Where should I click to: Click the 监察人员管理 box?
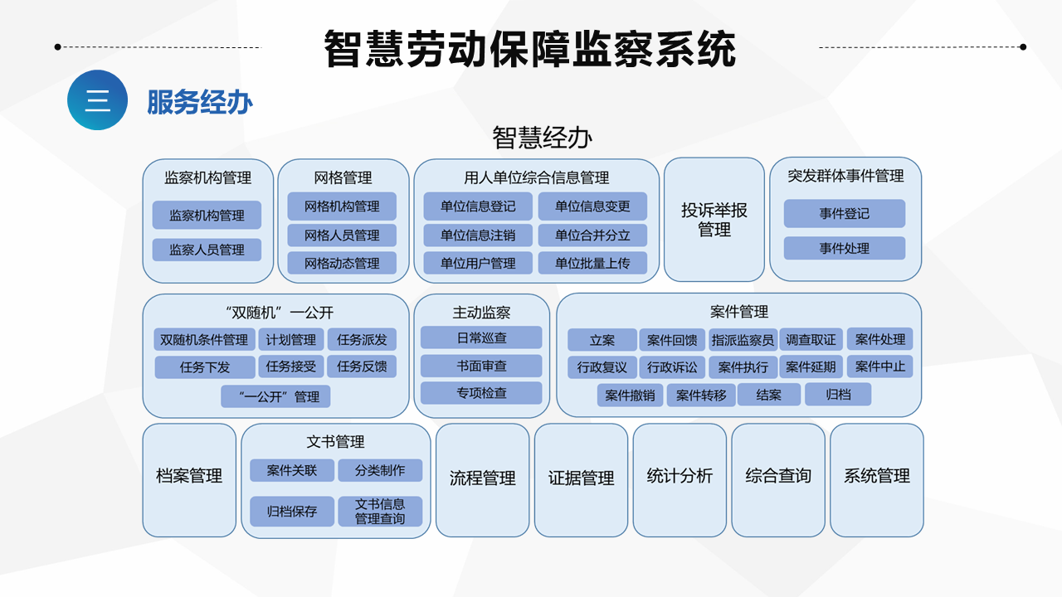click(207, 250)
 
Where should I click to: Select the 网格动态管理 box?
click(342, 263)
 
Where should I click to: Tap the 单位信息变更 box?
click(592, 206)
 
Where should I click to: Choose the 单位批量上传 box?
click(592, 263)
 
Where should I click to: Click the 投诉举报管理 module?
click(714, 220)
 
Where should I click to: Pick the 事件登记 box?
click(845, 213)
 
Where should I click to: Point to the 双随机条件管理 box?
click(204, 340)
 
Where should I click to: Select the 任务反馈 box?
click(362, 366)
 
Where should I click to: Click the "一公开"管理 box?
click(275, 396)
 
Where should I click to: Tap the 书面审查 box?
click(481, 366)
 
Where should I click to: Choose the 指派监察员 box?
click(743, 340)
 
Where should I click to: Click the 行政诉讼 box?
click(672, 367)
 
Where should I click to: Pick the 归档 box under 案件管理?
click(838, 394)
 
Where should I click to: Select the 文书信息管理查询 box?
click(380, 512)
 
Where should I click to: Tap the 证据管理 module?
click(582, 480)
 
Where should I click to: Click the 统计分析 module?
click(680, 480)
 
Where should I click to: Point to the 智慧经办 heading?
click(543, 138)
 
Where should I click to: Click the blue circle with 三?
click(97, 100)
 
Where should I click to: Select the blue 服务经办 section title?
click(200, 102)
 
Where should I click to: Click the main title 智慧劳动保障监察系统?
click(529, 49)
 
